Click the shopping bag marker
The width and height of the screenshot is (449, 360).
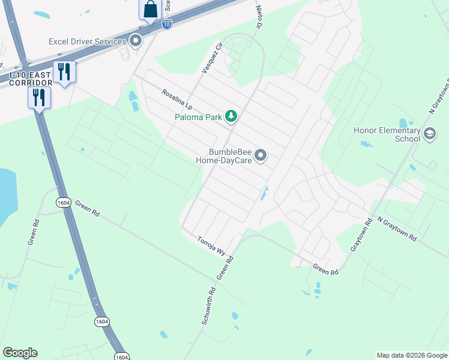tap(150, 10)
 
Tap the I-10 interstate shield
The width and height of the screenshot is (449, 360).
tap(167, 24)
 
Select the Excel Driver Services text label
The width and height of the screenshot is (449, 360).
tap(88, 41)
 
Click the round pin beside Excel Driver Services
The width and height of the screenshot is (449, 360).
tap(136, 41)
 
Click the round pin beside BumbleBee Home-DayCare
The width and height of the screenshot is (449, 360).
tap(261, 156)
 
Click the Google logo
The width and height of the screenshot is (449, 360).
tap(20, 353)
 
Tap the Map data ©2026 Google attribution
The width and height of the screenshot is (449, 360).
tap(412, 355)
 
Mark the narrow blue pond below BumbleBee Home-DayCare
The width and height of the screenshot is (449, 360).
tap(264, 193)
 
